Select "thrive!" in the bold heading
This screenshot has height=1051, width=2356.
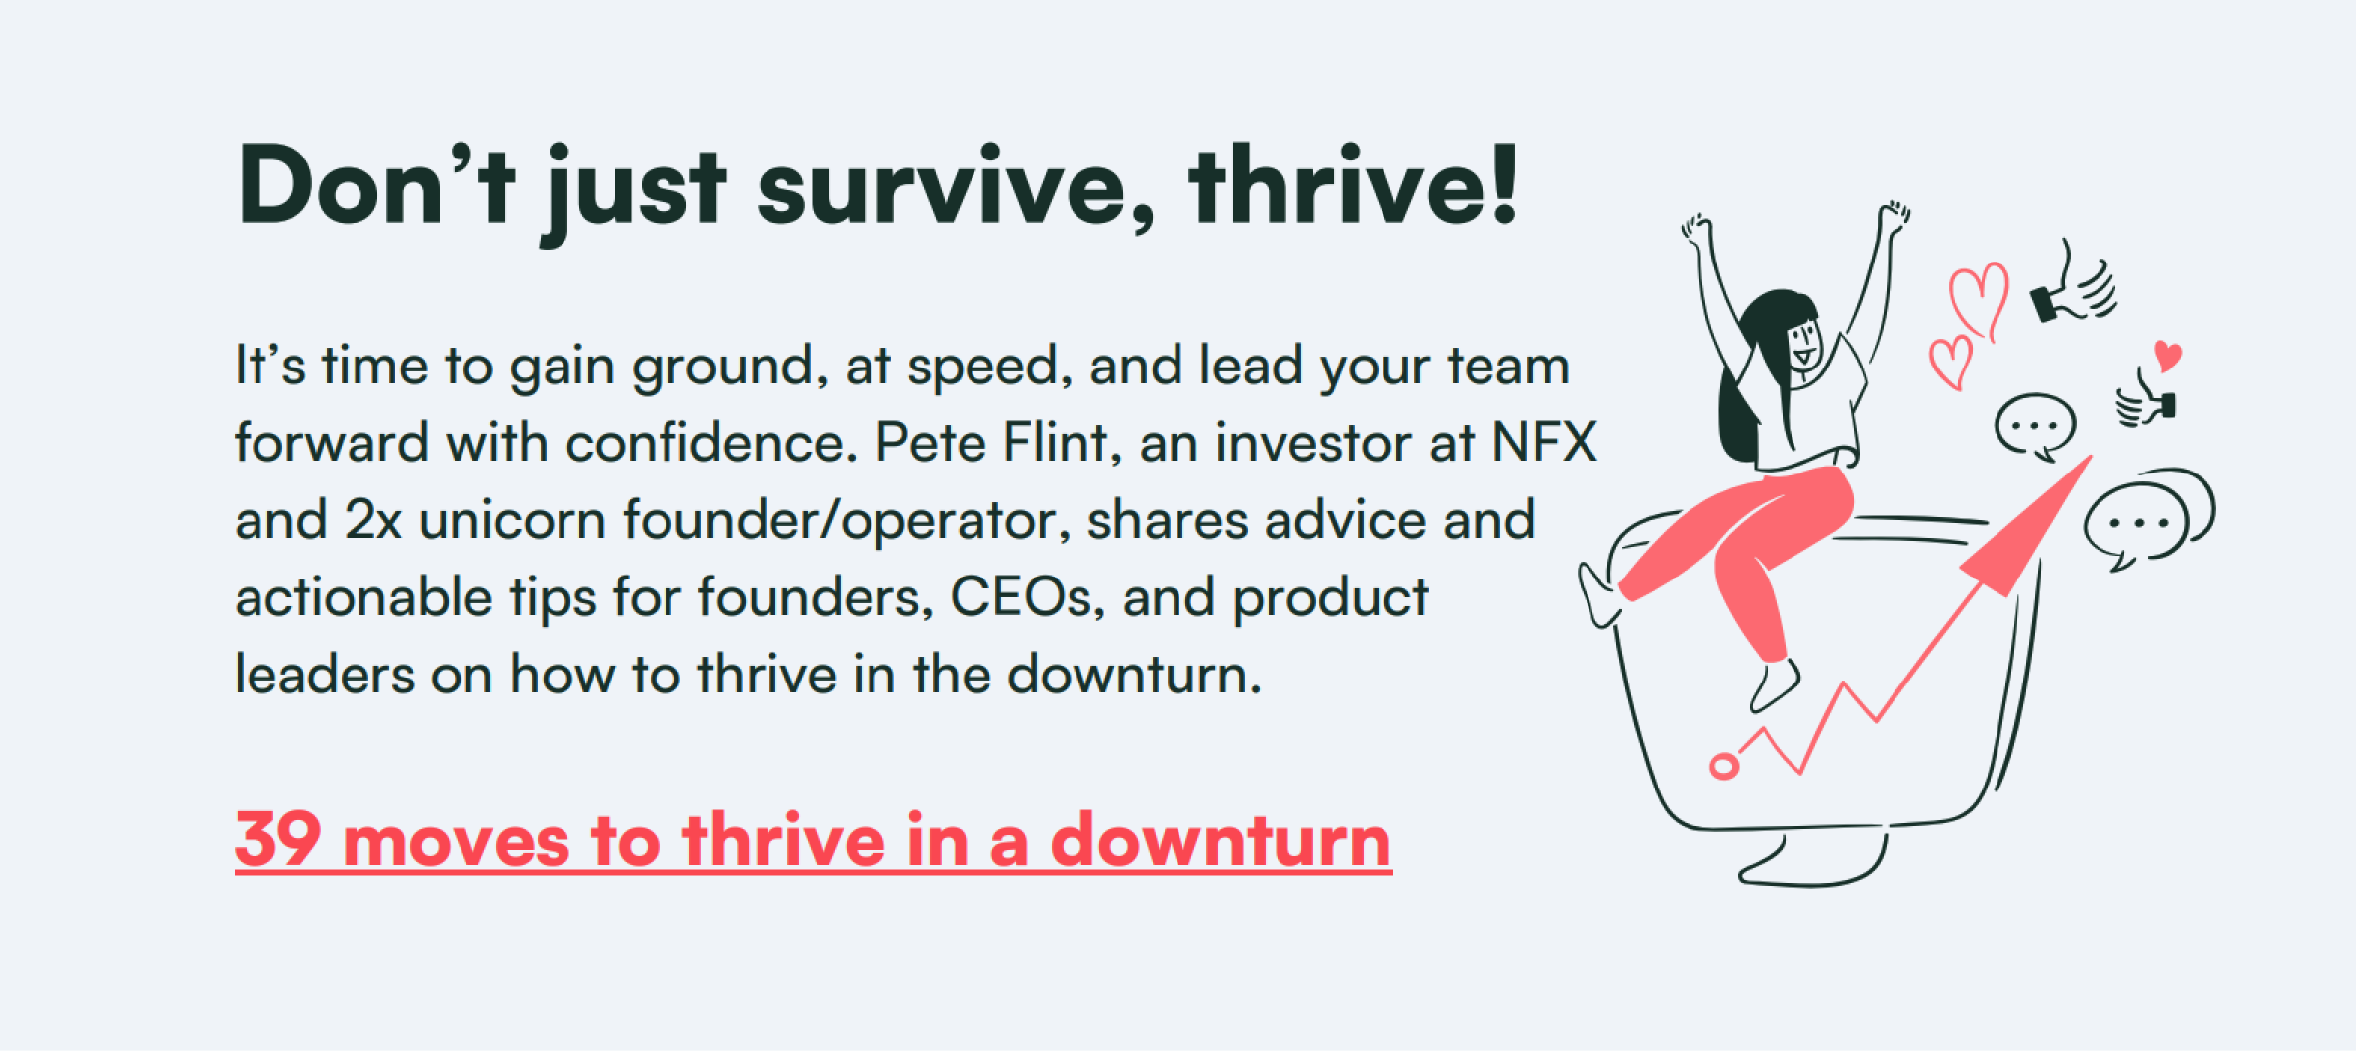(x=1354, y=184)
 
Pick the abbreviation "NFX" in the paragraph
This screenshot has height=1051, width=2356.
(x=1545, y=442)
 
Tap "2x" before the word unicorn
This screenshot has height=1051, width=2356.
(x=373, y=519)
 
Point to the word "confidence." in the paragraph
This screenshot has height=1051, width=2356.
(x=712, y=442)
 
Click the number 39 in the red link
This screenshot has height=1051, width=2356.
(x=278, y=840)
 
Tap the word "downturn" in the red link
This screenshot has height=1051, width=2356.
(x=1221, y=840)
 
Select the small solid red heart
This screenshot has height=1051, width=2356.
(x=2168, y=356)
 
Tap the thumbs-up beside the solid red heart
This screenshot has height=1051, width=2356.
(x=2145, y=400)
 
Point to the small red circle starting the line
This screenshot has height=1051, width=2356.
(x=1724, y=766)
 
